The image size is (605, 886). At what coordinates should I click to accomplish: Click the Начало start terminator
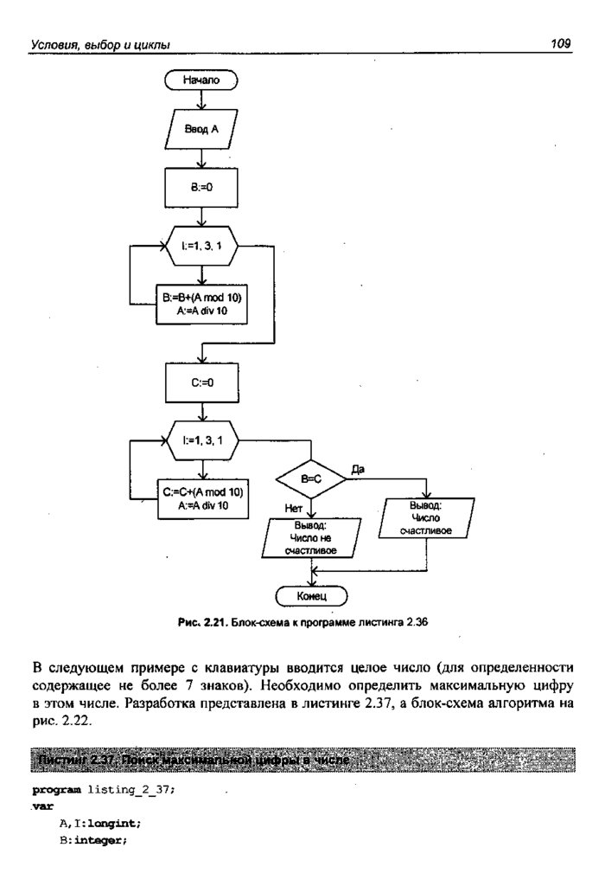(x=201, y=80)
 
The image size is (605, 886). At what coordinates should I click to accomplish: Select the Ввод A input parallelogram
(x=201, y=131)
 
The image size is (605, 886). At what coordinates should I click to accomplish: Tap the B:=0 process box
(x=201, y=184)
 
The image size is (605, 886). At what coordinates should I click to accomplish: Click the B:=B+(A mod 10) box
(x=201, y=304)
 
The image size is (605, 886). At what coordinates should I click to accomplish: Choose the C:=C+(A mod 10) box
(x=202, y=499)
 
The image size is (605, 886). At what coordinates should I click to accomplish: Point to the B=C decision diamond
(x=311, y=478)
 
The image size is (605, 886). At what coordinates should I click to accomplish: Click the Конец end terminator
(x=311, y=595)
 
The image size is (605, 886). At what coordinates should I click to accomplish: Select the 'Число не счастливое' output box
(x=310, y=538)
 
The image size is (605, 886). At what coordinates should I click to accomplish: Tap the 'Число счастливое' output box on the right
(x=427, y=517)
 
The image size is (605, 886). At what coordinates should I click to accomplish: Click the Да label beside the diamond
(x=358, y=467)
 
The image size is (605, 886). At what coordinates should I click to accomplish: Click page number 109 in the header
(x=562, y=42)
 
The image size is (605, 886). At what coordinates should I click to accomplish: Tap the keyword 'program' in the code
(x=56, y=790)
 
